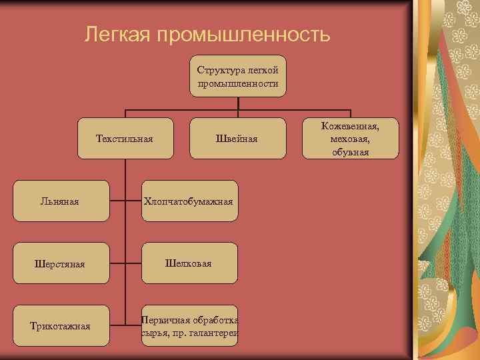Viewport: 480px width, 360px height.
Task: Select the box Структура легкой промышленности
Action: click(238, 76)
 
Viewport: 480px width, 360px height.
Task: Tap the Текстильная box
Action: click(125, 139)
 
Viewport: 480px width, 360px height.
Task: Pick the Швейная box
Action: click(237, 139)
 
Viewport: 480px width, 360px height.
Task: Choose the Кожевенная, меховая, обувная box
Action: click(350, 139)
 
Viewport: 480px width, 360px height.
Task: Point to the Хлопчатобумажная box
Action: click(190, 201)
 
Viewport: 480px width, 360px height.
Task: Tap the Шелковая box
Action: click(189, 263)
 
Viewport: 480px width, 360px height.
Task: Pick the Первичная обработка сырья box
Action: click(190, 326)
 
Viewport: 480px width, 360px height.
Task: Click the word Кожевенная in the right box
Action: click(350, 125)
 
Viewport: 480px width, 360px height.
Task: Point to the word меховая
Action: click(349, 139)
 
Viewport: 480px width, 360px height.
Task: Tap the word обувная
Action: click(350, 153)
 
